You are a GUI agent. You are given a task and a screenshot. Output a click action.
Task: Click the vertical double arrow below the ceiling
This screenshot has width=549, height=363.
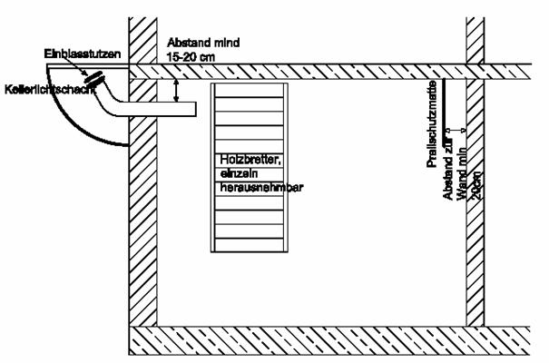(x=177, y=90)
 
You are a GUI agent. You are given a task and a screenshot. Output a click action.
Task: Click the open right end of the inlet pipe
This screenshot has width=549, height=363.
(x=196, y=109)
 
